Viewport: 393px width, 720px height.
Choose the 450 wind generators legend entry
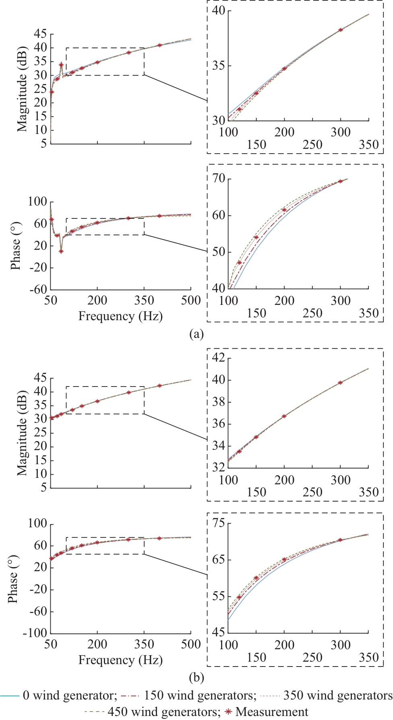(x=153, y=712)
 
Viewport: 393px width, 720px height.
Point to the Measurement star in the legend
(x=228, y=712)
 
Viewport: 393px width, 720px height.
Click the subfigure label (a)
(x=196, y=334)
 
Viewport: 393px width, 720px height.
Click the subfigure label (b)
(x=196, y=677)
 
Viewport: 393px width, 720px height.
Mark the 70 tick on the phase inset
(x=219, y=178)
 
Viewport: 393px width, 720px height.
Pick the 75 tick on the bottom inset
(x=219, y=523)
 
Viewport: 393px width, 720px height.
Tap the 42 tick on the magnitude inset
(x=219, y=358)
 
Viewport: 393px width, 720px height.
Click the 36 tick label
(x=219, y=424)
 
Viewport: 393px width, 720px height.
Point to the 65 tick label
(x=219, y=560)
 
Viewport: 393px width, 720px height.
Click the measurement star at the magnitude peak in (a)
(x=61, y=64)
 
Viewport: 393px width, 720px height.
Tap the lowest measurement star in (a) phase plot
(x=61, y=251)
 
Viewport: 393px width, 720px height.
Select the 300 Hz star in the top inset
(x=341, y=30)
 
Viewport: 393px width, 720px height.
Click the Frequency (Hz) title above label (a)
(x=120, y=316)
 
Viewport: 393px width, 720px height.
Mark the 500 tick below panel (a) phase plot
(x=191, y=300)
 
